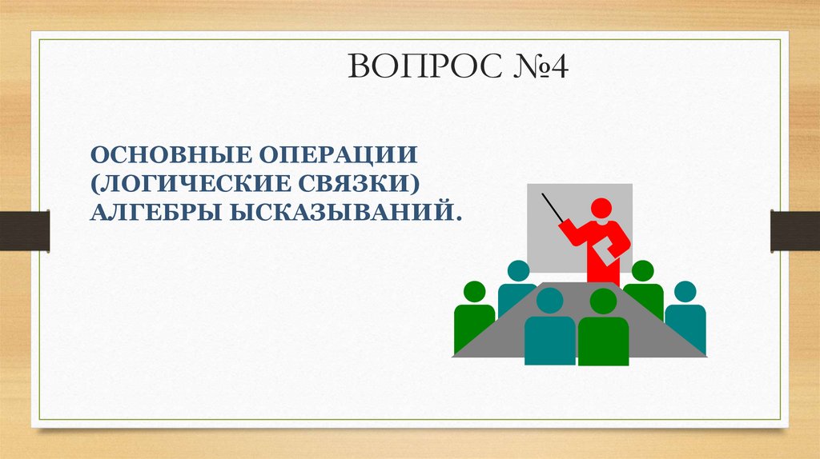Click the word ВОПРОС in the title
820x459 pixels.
(416, 67)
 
